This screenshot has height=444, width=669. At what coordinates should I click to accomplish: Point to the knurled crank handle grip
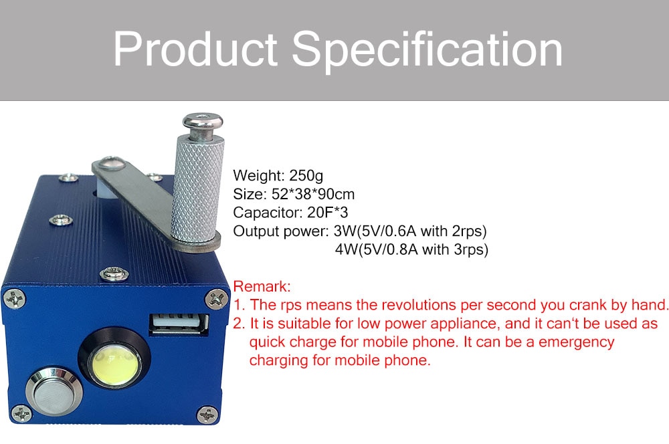pos(197,187)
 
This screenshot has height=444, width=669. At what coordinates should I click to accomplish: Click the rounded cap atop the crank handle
pos(203,121)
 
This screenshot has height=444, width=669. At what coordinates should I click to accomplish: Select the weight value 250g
pos(306,176)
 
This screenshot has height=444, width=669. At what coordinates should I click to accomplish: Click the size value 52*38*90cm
pos(312,194)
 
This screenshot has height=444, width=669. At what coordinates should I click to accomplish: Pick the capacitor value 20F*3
pos(327,213)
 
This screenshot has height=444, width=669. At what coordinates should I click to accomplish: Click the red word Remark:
pos(262,286)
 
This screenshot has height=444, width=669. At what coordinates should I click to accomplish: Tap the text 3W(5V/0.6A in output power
pos(374,231)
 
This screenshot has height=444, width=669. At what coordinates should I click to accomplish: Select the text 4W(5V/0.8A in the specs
pos(376,249)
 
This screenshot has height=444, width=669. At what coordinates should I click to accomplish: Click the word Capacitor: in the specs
pos(268,213)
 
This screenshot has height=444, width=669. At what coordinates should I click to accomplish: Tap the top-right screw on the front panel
pos(216,298)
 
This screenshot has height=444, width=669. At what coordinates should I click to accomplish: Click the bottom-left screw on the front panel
pos(21,413)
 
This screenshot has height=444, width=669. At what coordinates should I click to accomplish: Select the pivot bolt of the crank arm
pos(110,163)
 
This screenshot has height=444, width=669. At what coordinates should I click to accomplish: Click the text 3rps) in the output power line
pos(470,249)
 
